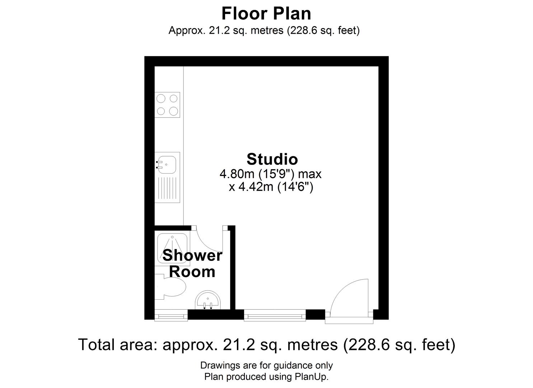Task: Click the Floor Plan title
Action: [266, 14]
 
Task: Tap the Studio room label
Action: [272, 159]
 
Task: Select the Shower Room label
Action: [192, 263]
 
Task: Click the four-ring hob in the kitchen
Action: [167, 105]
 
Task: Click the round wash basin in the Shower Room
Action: [209, 300]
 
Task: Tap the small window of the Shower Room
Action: [171, 316]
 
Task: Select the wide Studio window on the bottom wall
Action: [275, 316]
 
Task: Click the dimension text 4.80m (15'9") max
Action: [270, 174]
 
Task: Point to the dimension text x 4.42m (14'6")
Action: [271, 187]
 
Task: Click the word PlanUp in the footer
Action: [311, 377]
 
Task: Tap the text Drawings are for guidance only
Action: [266, 365]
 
